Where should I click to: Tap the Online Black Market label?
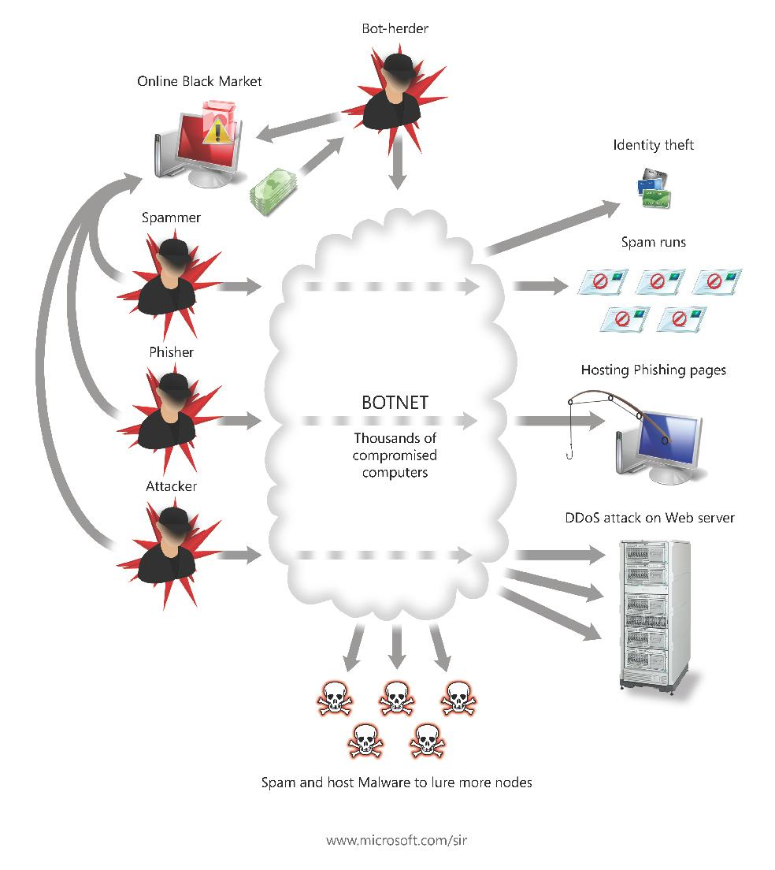tap(199, 80)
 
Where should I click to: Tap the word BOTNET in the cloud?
tap(395, 403)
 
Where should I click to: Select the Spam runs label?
tap(653, 242)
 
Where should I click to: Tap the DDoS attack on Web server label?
tap(649, 518)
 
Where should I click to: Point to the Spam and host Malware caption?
tap(396, 783)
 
